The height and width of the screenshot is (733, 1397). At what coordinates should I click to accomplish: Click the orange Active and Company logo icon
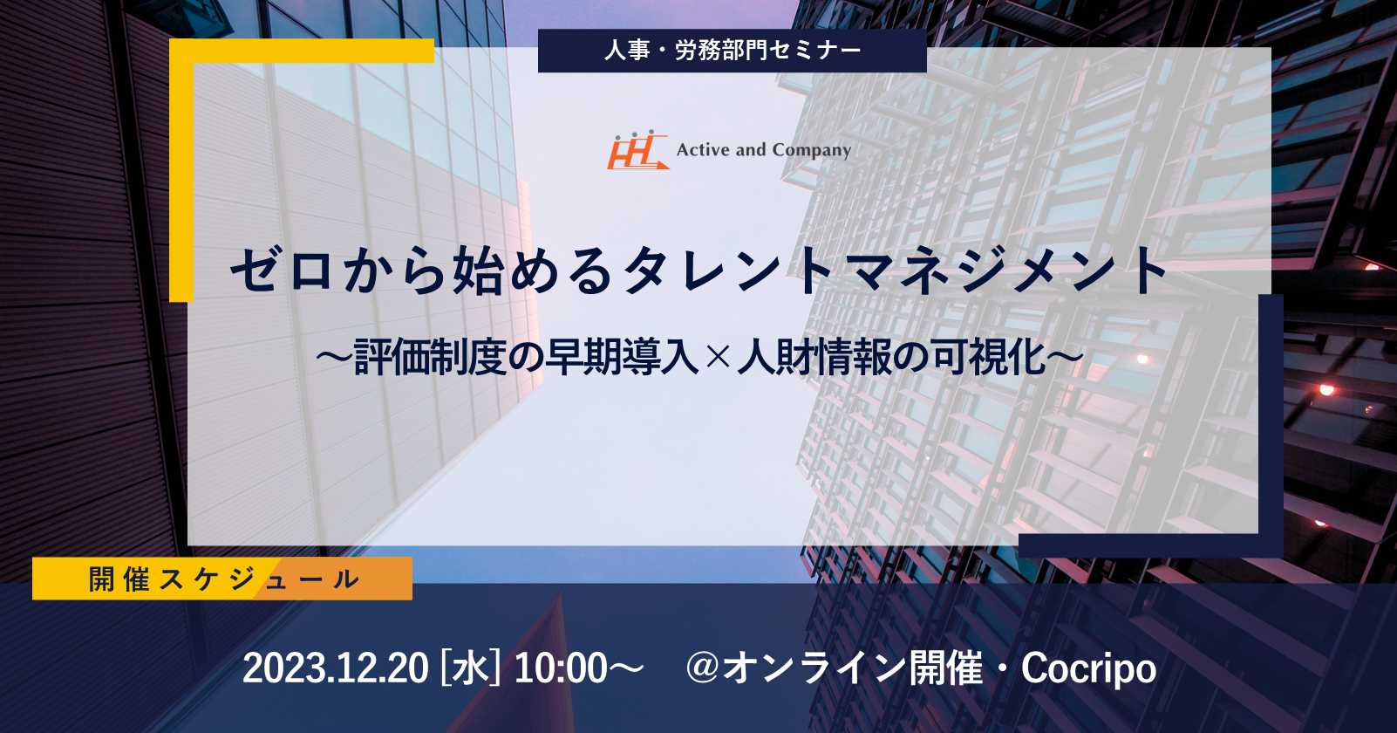pyautogui.click(x=638, y=150)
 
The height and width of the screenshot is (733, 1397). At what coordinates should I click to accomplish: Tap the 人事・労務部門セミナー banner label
pyautogui.click(x=733, y=51)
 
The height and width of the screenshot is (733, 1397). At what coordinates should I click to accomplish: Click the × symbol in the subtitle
pyautogui.click(x=718, y=358)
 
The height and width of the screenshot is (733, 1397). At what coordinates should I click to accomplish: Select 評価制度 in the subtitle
pyautogui.click(x=430, y=358)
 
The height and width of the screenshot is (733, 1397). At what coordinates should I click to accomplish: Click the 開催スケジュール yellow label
pyautogui.click(x=222, y=579)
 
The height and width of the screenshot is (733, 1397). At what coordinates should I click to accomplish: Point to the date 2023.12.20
pyautogui.click(x=335, y=668)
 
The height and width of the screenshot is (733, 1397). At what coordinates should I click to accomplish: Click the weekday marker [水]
pyautogui.click(x=470, y=668)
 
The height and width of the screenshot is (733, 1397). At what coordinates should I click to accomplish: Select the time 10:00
pyautogui.click(x=561, y=668)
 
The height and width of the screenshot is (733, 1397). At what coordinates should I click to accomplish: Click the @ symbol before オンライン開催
pyautogui.click(x=704, y=668)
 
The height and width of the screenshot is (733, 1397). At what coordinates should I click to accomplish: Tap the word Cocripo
pyautogui.click(x=1088, y=669)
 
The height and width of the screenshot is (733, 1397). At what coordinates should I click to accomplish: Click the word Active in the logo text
pyautogui.click(x=703, y=150)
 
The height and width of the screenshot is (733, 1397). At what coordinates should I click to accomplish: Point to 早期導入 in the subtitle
pyautogui.click(x=621, y=358)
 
